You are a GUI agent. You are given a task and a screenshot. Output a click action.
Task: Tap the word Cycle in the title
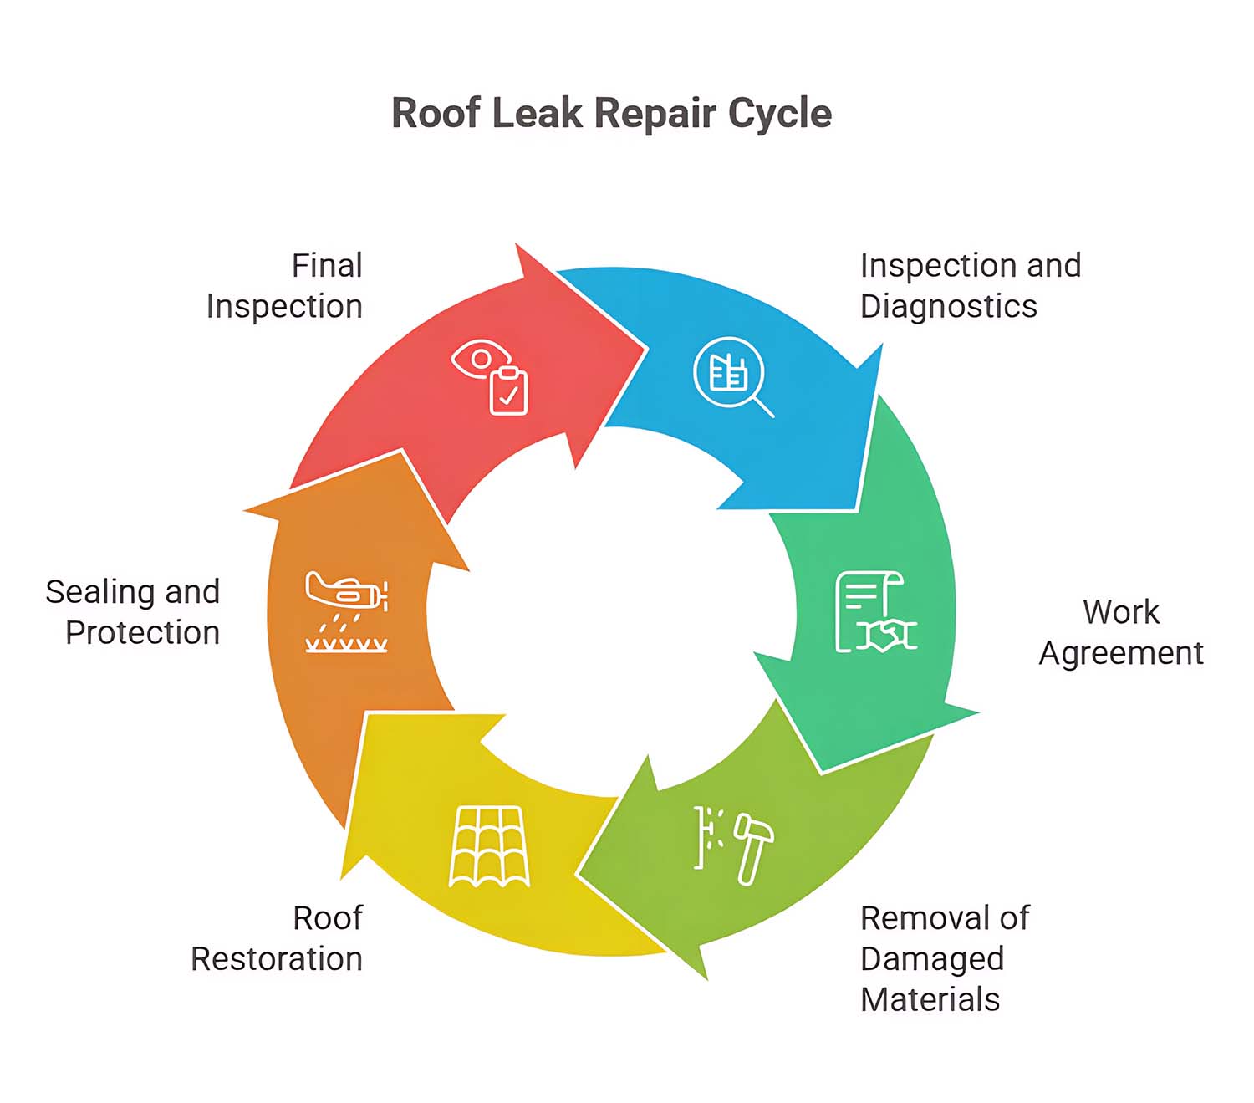(x=779, y=113)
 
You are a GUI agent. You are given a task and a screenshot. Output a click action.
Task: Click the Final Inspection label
(x=284, y=286)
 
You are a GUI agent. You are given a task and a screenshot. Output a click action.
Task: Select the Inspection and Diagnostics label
(x=970, y=286)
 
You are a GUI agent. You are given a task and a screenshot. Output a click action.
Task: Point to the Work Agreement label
(x=1120, y=632)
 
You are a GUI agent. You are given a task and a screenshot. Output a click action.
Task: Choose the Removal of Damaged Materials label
(x=945, y=958)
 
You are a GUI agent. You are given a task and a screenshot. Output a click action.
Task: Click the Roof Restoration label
(x=277, y=938)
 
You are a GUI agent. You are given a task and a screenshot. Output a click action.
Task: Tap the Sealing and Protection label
(x=134, y=612)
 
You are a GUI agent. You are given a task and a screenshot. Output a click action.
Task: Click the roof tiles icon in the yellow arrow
(x=489, y=846)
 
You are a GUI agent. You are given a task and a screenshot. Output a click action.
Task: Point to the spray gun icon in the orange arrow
(x=346, y=610)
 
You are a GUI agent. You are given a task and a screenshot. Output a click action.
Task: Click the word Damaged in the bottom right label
(x=931, y=958)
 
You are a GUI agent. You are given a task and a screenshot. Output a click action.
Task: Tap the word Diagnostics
(x=948, y=306)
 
